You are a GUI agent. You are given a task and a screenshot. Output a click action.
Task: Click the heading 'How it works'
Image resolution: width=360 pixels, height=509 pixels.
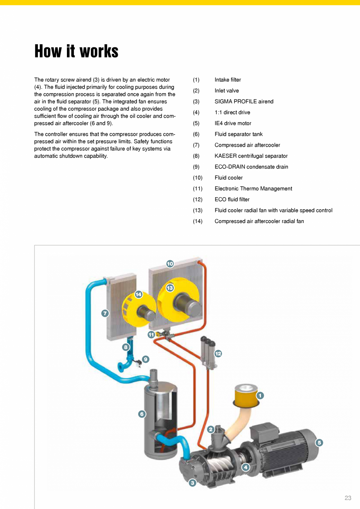76,51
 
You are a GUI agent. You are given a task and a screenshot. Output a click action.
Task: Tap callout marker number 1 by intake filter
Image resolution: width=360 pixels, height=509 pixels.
260,396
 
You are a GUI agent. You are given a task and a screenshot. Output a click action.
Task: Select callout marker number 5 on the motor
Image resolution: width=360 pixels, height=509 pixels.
319,442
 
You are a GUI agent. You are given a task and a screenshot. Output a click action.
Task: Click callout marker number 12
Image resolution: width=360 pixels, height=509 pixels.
218,354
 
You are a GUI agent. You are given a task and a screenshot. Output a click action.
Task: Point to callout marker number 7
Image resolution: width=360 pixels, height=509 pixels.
105,313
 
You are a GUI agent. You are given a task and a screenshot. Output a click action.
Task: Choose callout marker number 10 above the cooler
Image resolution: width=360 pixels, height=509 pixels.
170,264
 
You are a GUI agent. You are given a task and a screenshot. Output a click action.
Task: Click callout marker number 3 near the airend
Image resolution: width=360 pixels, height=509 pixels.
192,483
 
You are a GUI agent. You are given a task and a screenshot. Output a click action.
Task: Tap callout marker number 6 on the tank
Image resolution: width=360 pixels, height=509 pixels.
142,414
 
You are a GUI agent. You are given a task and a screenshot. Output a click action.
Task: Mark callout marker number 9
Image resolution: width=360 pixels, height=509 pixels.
146,359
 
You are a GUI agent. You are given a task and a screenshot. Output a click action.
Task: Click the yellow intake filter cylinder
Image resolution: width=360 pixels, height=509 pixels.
245,395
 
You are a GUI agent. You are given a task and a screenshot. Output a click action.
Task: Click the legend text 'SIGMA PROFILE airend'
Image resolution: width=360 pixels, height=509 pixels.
244,102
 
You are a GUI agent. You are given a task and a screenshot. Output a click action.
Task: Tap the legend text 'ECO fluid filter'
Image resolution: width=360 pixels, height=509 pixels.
232,200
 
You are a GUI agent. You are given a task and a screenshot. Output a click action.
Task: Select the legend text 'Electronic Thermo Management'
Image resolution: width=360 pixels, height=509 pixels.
253,189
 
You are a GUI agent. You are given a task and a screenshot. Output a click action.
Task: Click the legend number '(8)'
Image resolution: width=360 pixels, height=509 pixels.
196,156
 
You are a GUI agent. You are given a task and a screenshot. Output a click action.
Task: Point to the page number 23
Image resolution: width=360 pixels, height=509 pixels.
348,498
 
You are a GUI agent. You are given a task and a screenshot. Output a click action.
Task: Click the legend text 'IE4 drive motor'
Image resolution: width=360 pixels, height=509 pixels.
233,123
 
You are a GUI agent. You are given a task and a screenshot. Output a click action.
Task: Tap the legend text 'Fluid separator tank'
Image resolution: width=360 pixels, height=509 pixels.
238,134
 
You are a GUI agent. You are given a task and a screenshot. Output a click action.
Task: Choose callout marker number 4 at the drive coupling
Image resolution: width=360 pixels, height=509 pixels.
245,467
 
